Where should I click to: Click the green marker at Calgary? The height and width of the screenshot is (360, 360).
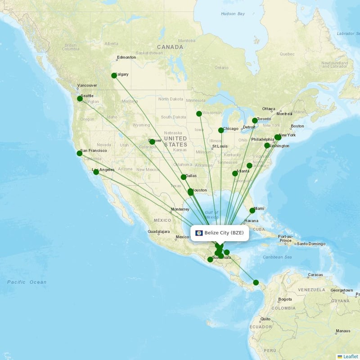114,76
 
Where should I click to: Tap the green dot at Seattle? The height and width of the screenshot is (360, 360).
80,99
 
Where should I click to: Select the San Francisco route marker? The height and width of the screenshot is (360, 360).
80,153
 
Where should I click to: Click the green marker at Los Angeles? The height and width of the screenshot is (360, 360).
96,172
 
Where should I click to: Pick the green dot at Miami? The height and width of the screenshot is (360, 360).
252,211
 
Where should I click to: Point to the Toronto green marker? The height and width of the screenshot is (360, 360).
255,121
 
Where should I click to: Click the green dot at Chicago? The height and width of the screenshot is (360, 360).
221,130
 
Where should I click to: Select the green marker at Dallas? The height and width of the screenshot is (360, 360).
184,177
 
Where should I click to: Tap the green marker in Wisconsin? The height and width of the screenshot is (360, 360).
199,114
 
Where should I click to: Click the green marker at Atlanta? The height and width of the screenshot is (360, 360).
235,174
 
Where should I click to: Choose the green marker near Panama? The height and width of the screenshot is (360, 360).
256,283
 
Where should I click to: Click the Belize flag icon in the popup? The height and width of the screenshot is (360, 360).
199,233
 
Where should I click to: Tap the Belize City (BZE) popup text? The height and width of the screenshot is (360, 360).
224,233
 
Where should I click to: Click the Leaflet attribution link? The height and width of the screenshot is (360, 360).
350,356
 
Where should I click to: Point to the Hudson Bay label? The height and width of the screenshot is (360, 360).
233,14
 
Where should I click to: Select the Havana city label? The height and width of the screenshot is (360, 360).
251,221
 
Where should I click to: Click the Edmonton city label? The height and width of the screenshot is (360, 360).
126,58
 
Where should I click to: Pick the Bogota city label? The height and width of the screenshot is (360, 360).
285,299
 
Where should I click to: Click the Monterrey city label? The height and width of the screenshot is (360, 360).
180,209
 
